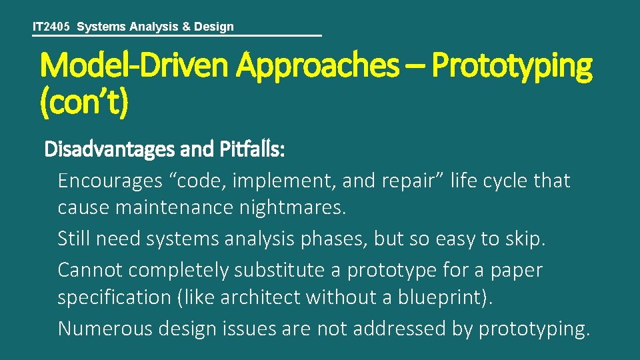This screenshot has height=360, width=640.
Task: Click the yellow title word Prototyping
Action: pyautogui.click(x=511, y=67)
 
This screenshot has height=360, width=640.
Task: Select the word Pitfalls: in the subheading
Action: pyautogui.click(x=252, y=150)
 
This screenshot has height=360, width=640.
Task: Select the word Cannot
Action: pyautogui.click(x=90, y=270)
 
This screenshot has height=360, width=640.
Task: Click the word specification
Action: pyautogui.click(x=115, y=297)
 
